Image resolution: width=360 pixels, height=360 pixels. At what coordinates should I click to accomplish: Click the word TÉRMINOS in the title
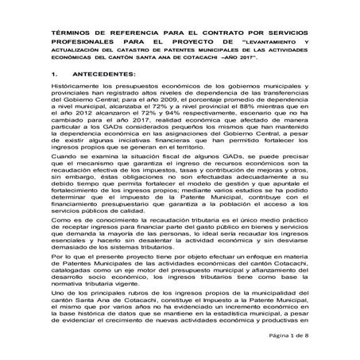tap(74, 33)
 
